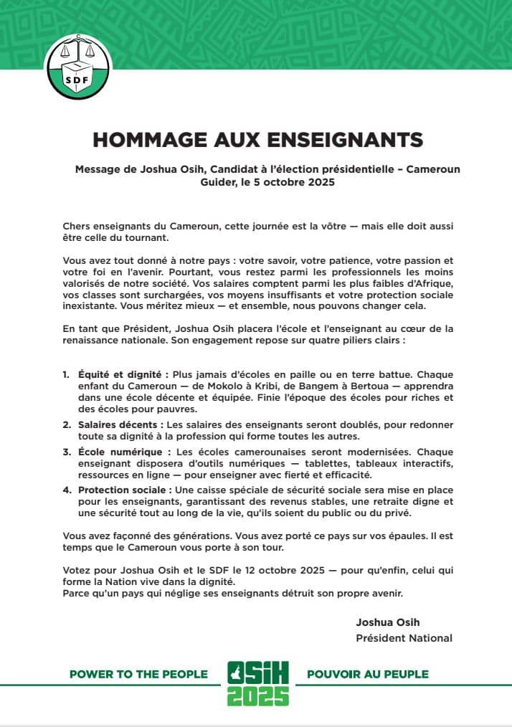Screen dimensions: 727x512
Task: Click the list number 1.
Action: pos(65,375)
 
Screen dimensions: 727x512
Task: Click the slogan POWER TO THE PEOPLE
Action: pos(138,674)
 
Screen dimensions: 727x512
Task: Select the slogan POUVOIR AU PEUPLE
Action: pos(367,674)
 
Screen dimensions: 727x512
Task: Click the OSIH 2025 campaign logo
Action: pos(257,683)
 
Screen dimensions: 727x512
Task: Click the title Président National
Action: pos(404,637)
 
